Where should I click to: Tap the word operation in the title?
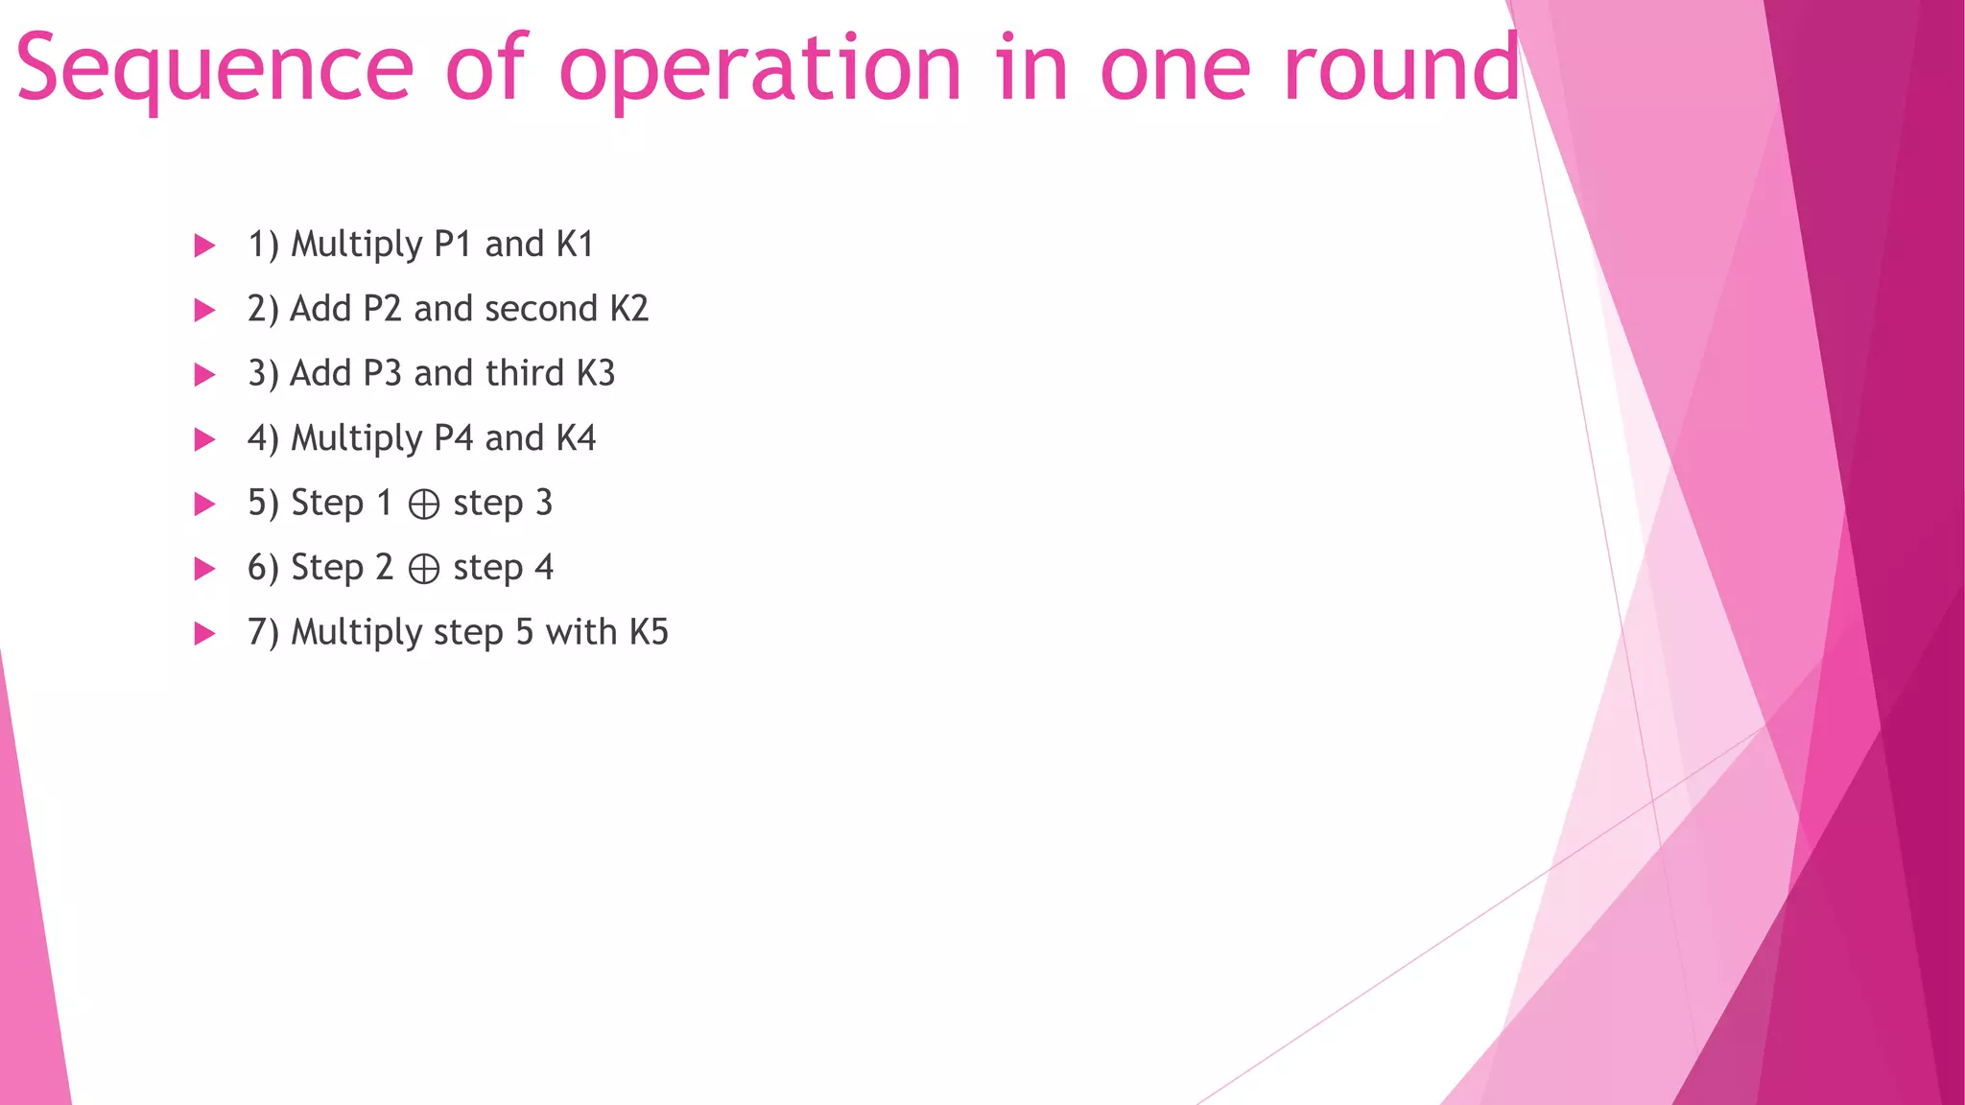(x=760, y=69)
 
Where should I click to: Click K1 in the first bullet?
(x=575, y=245)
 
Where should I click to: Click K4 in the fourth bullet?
(x=576, y=438)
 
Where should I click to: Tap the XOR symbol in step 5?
(x=424, y=505)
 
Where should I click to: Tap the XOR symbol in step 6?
(x=424, y=569)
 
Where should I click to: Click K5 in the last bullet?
(x=649, y=632)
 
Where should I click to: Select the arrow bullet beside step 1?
(x=204, y=246)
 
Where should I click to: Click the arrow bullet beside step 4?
(x=204, y=439)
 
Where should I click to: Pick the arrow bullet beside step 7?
(x=204, y=633)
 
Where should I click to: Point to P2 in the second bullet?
(x=382, y=309)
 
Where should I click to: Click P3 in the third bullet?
(x=382, y=373)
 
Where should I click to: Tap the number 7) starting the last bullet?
(x=263, y=633)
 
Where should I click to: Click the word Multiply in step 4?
(x=356, y=439)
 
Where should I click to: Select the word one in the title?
(x=1175, y=69)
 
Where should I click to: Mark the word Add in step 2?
(x=320, y=309)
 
